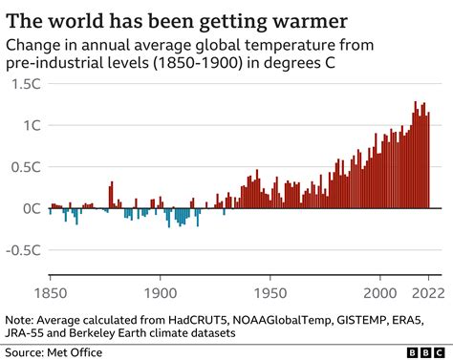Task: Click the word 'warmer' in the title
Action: pyautogui.click(x=300, y=19)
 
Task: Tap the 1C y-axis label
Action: pyautogui.click(x=29, y=125)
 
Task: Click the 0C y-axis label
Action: pyautogui.click(x=29, y=208)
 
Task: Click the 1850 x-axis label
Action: pyautogui.click(x=51, y=291)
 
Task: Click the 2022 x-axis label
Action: pyautogui.click(x=428, y=291)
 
